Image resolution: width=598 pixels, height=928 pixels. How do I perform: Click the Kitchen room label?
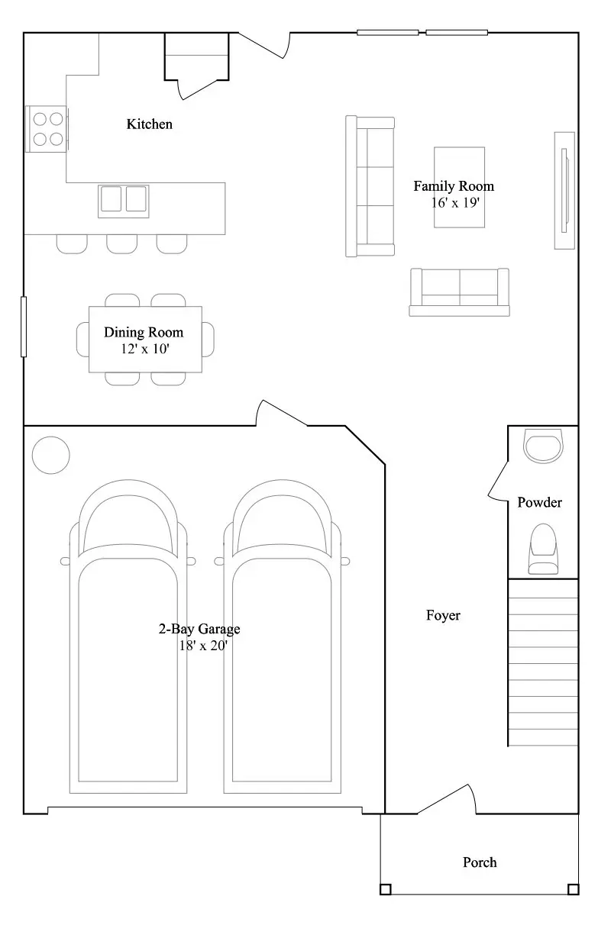149,124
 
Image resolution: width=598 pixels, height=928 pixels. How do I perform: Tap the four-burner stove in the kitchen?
47,129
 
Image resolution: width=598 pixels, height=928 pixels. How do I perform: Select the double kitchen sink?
124,201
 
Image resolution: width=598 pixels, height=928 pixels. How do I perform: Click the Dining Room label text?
144,332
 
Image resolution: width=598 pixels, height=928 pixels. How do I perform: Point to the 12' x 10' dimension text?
145,349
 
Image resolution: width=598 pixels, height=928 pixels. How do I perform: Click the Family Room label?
454,186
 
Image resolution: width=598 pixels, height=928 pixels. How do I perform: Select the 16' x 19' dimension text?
455,202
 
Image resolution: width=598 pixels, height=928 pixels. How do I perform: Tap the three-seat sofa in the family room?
370,186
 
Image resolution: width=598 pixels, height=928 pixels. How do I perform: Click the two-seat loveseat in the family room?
460,292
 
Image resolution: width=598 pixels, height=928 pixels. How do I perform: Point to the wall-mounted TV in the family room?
564,191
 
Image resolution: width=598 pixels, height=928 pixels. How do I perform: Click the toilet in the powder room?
543,549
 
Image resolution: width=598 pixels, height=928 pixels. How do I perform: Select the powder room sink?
543,446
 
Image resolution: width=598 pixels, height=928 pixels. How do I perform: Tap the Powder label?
539,502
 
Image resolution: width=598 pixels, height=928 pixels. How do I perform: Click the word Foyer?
443,615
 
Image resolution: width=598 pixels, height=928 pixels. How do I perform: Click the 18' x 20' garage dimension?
203,646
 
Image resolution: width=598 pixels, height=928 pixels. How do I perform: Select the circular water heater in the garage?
51,455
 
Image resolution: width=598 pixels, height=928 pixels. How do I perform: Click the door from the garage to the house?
282,413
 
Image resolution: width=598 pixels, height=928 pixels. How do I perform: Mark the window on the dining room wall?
24,327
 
